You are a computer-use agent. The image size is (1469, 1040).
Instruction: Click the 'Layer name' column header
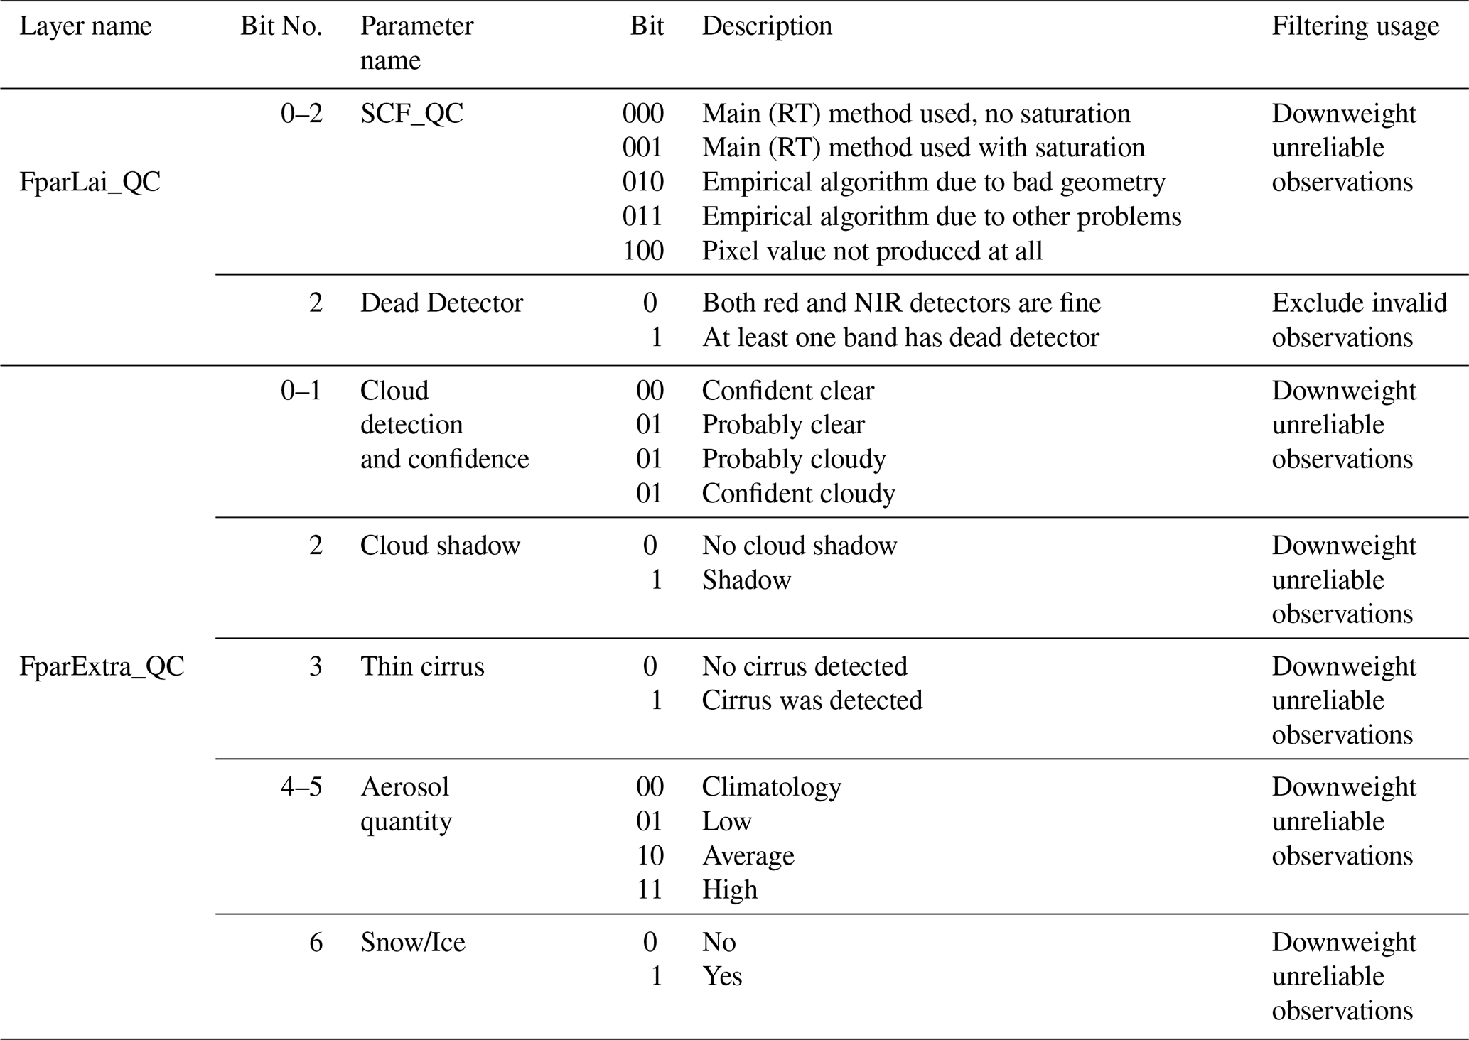[85, 26]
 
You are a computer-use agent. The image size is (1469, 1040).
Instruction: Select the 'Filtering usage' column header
[1355, 26]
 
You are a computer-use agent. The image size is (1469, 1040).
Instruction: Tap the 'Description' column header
[766, 26]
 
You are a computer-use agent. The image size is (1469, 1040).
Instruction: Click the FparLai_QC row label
[90, 183]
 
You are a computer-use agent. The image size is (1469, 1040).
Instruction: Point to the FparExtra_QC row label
[102, 667]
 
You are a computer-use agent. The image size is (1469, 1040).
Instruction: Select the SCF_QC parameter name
[411, 114]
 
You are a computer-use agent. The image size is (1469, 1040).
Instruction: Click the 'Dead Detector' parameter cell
[441, 303]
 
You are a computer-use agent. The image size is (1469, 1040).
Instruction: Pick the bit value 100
[642, 251]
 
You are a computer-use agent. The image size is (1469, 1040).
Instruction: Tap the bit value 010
[642, 183]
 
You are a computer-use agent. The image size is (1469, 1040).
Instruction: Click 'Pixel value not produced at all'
[872, 251]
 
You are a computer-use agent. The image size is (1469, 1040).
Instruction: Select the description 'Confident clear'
[787, 391]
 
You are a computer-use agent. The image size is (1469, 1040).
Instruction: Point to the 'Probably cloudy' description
[793, 460]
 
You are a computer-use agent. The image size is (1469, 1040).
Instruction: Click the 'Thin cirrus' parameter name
[422, 667]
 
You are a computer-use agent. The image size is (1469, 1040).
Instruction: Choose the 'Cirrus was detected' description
[812, 701]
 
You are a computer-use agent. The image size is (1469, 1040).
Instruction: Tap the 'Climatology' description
[771, 787]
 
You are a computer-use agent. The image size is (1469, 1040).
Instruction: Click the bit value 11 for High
[649, 890]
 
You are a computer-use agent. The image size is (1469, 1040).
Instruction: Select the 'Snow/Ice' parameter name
[412, 943]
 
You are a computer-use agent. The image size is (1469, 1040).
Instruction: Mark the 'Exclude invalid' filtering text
[1359, 303]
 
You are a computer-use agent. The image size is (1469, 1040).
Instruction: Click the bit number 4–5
[301, 787]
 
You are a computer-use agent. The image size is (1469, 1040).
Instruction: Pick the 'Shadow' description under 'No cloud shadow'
[746, 580]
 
